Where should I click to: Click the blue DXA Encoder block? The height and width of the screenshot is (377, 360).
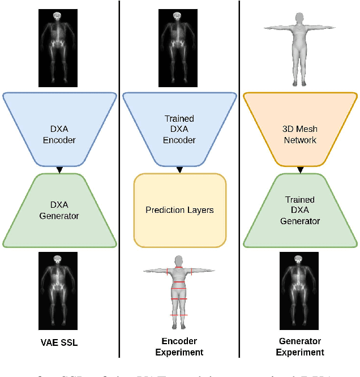tap(59, 130)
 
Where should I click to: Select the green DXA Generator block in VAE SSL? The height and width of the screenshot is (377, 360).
tap(59, 211)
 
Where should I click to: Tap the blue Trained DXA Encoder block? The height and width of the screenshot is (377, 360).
tap(179, 130)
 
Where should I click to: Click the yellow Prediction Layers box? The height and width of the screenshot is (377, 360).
tap(179, 210)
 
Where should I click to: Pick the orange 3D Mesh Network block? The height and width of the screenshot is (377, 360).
tap(300, 130)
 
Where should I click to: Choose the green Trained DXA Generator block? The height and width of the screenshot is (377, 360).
tap(300, 210)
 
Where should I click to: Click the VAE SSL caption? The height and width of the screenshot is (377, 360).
tap(59, 342)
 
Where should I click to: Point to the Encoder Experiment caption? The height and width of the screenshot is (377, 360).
tap(179, 346)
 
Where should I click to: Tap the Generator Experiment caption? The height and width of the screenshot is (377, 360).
tap(300, 346)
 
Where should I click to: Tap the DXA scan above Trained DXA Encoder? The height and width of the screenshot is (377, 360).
tap(179, 46)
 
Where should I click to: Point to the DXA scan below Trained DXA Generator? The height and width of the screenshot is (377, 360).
tap(300, 290)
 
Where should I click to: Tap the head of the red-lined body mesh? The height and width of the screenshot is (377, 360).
tap(179, 260)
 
